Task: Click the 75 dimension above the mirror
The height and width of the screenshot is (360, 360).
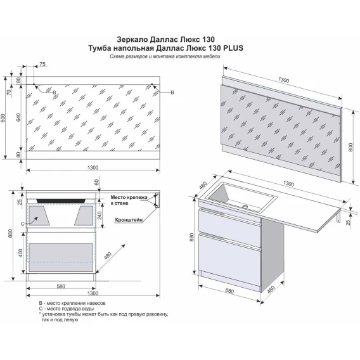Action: [42, 64]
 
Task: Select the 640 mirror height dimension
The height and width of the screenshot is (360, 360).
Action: [18, 117]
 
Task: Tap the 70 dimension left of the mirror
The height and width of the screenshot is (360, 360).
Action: [9, 93]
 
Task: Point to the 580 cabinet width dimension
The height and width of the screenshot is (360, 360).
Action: [61, 286]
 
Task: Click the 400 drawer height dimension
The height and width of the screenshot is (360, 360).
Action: [21, 253]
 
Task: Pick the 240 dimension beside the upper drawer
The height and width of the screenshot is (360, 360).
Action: [100, 215]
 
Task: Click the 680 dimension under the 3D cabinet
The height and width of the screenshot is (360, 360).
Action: [229, 291]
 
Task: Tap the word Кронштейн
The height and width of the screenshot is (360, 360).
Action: [129, 220]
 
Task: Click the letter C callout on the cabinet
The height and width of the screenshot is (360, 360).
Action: [23, 224]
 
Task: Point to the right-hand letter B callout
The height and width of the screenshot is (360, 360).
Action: [172, 93]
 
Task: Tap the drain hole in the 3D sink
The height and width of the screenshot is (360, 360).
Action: [246, 207]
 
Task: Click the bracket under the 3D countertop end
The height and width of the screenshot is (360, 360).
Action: [338, 217]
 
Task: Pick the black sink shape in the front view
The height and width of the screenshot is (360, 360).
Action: [61, 201]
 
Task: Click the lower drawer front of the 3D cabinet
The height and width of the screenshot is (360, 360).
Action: [229, 261]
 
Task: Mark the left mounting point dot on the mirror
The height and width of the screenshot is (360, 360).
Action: [34, 84]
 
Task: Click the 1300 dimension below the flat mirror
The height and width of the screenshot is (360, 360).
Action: [93, 167]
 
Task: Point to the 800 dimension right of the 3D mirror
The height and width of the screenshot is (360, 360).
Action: [350, 147]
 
